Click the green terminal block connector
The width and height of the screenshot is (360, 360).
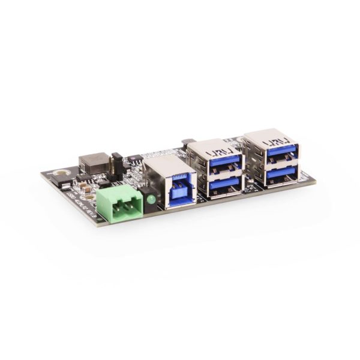pyautogui.click(x=120, y=202)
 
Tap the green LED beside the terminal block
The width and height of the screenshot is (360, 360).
pyautogui.click(x=150, y=198)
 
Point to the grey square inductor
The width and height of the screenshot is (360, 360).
pyautogui.click(x=94, y=162)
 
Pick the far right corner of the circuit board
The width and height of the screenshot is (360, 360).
pyautogui.click(x=316, y=178)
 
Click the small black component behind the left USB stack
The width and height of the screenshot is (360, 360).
pyautogui.click(x=185, y=142)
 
